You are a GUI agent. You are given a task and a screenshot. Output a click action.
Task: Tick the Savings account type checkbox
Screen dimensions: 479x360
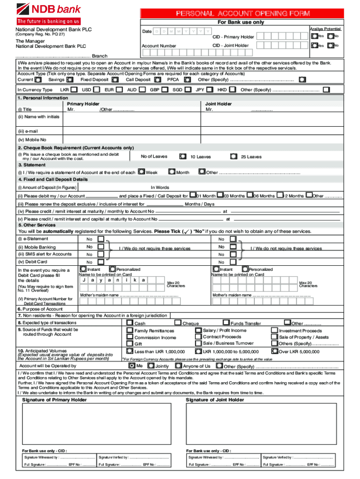pos(72,80)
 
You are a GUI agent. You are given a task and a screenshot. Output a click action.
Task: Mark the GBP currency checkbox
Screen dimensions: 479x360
pos(166,89)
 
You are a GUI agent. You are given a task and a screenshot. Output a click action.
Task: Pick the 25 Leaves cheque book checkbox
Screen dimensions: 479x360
pos(234,157)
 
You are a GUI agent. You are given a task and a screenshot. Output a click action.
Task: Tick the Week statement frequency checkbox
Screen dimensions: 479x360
pos(141,172)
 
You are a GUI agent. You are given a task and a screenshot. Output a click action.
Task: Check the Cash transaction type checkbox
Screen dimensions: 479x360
pos(130,323)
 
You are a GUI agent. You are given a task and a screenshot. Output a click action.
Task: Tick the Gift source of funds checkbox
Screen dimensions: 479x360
pos(130,343)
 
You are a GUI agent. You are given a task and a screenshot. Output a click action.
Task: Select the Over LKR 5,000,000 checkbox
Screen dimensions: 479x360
pos(274,351)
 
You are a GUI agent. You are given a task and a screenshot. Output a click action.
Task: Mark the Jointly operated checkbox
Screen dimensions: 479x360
pos(151,366)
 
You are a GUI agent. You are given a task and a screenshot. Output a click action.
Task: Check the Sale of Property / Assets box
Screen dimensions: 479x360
pos(274,337)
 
